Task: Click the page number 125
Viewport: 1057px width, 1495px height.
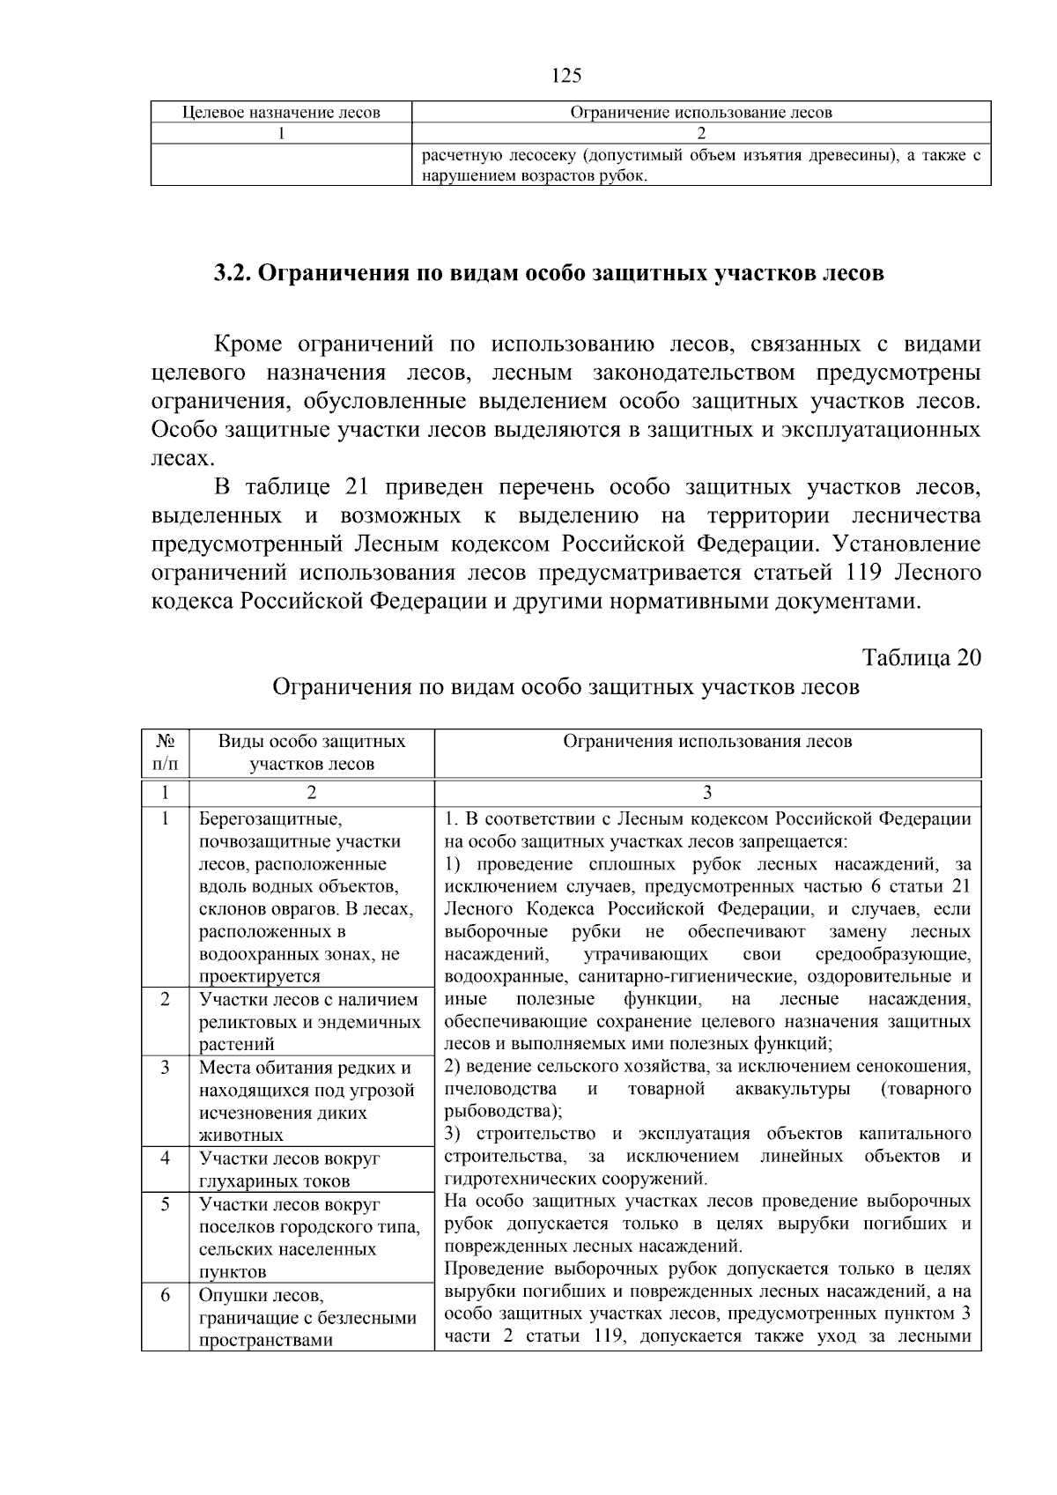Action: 566,76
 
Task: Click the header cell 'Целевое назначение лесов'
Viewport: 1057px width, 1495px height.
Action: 281,113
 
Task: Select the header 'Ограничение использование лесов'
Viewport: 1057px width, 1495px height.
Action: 701,113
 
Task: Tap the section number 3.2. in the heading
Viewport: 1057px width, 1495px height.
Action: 233,273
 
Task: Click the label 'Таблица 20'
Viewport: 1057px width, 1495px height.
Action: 921,659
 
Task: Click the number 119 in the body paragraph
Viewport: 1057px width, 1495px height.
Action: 864,574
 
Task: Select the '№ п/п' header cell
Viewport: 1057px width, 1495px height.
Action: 165,753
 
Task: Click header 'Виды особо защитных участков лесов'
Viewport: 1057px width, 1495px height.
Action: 312,753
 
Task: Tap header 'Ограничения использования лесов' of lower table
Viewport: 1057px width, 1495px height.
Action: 707,742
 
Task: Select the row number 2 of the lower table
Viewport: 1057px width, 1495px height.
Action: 165,1000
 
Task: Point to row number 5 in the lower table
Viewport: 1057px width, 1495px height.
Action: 165,1204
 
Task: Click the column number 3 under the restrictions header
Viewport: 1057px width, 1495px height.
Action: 707,791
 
